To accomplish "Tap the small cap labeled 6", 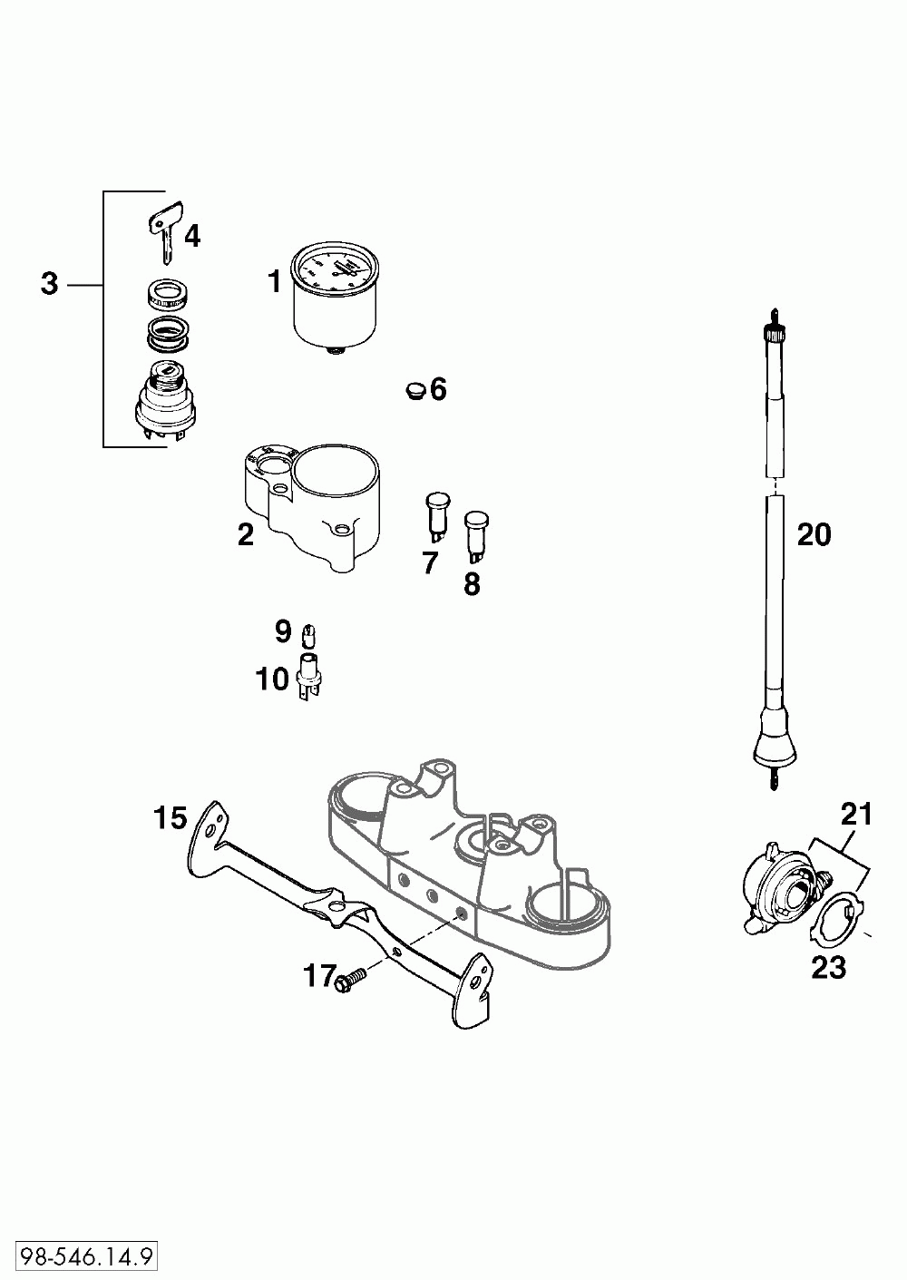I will tap(414, 390).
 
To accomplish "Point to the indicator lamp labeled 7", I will tap(436, 514).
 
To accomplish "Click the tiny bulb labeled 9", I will tap(308, 632).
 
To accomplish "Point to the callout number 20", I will tap(814, 535).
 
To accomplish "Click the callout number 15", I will tap(170, 819).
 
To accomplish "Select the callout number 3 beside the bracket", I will tap(49, 284).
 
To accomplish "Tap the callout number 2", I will tap(246, 534).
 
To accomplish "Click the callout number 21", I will tap(856, 815).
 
